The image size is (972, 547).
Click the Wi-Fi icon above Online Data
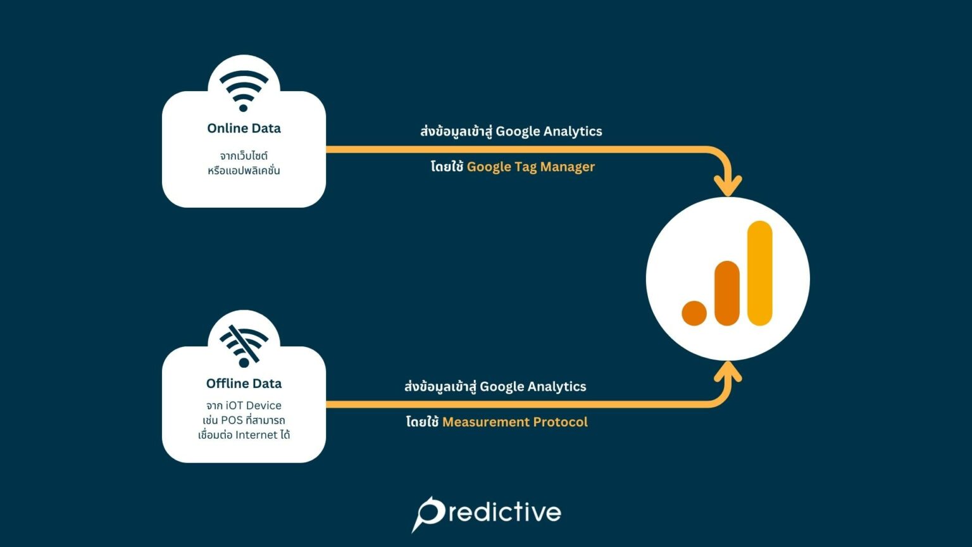coord(244,90)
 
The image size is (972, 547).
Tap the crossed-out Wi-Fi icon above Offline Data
coord(244,346)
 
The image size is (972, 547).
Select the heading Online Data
coord(244,129)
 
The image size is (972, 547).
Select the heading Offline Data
coord(244,384)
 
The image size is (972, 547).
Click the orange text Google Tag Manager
coord(530,167)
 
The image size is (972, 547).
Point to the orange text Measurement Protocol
coord(514,422)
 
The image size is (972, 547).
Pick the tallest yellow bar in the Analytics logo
coord(759,273)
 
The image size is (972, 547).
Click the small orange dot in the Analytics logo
coord(694,313)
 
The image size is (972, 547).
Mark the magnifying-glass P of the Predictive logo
coord(428,513)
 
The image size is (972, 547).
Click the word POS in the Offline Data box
coord(232,420)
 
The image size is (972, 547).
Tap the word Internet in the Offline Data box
coord(256,435)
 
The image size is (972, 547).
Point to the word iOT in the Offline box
coord(235,406)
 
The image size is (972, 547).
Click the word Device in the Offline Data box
coord(264,406)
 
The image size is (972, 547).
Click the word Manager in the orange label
coord(568,167)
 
